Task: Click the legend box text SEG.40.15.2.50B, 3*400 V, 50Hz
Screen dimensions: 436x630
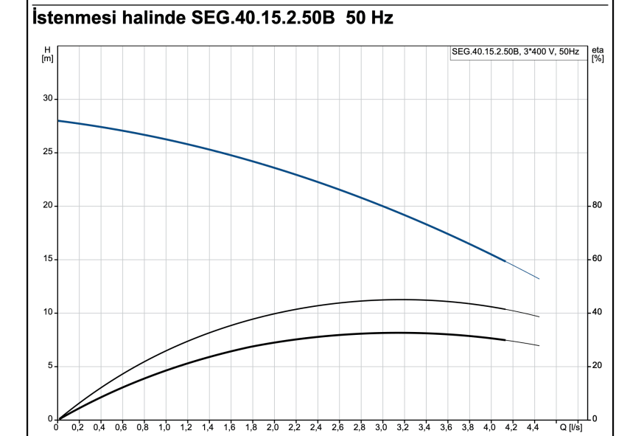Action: coord(515,52)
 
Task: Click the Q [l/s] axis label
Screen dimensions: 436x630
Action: coord(570,426)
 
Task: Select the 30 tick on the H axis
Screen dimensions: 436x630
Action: coord(48,99)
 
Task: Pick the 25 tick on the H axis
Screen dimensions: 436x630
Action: coord(48,153)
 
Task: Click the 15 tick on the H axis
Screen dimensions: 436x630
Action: coord(48,259)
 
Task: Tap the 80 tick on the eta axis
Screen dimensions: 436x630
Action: coord(597,206)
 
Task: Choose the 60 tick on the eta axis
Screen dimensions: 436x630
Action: coord(597,259)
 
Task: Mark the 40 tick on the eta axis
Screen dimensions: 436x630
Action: coord(597,313)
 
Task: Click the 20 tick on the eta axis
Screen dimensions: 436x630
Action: coord(597,366)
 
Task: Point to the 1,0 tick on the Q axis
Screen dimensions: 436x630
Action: coord(166,426)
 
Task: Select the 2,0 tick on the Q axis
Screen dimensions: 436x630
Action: coord(273,426)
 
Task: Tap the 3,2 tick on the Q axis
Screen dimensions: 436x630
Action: coord(403,426)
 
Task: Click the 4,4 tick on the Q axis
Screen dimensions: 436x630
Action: coord(532,426)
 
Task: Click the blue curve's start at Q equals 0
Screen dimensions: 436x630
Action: coord(58,120)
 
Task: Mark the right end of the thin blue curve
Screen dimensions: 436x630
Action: coord(539,279)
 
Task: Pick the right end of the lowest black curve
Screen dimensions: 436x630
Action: coord(539,345)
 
